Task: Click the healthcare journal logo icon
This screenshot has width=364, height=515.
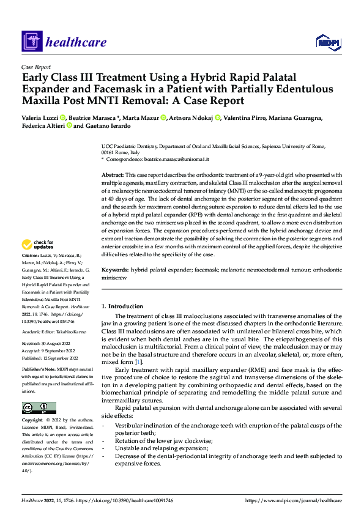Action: coord(30,42)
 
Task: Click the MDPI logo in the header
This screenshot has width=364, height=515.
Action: coord(327,42)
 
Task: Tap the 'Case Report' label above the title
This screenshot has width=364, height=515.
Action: coord(35,67)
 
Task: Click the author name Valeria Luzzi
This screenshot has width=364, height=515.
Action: coord(40,117)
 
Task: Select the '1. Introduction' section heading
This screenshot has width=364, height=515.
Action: coord(122,306)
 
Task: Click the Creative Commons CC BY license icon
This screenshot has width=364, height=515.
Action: coord(39,407)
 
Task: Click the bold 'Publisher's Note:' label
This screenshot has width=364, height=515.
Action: coord(39,370)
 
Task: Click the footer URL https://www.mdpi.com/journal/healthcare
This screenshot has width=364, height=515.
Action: coord(292,500)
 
